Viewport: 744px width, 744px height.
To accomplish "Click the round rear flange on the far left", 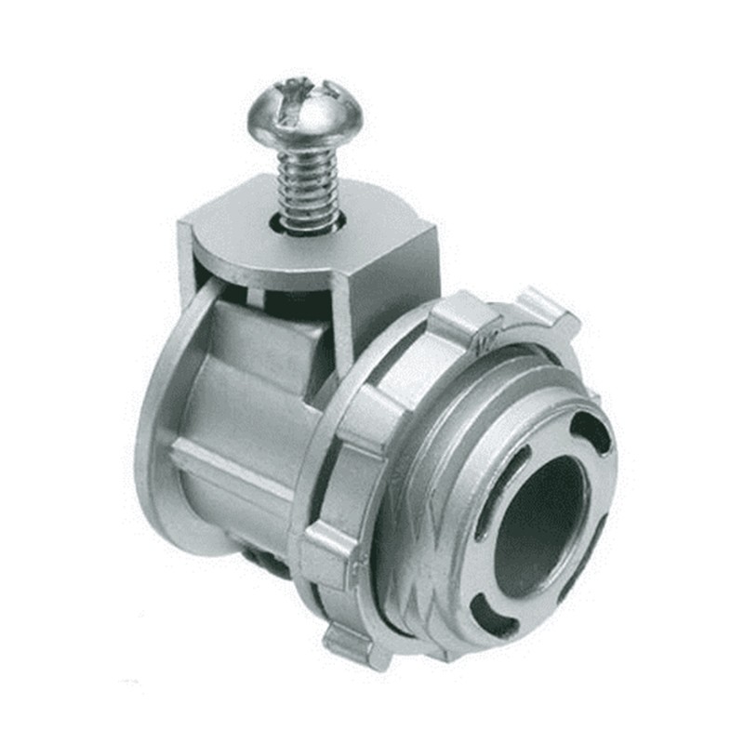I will (x=153, y=437).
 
